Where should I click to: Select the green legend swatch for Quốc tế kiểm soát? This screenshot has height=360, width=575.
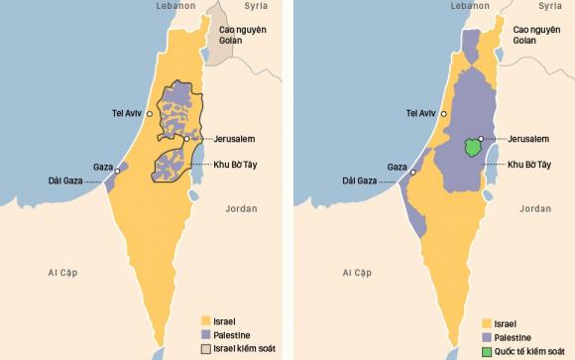pos(488,351)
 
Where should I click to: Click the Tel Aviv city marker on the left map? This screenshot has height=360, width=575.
pos(151,115)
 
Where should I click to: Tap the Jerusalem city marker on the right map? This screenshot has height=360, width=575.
pos(481,139)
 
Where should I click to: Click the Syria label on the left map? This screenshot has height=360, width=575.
pos(259,7)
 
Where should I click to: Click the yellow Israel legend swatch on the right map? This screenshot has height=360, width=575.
pos(488,323)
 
